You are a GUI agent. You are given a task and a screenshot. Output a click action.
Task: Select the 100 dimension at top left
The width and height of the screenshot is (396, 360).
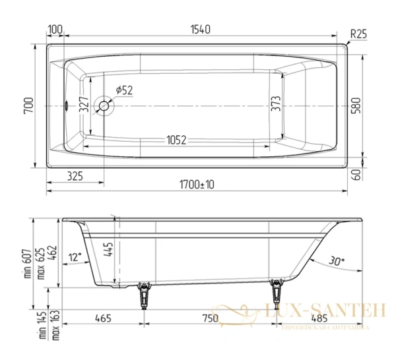tap(55, 30)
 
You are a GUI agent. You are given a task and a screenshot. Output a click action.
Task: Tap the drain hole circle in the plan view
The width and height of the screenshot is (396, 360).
tap(104, 105)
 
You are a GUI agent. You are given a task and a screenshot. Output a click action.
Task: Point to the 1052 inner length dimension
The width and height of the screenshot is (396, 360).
tap(175, 140)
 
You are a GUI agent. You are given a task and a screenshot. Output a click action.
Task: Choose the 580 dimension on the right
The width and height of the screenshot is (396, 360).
tap(357, 105)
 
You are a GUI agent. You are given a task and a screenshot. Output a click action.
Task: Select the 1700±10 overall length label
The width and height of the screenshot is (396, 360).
tap(197, 185)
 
